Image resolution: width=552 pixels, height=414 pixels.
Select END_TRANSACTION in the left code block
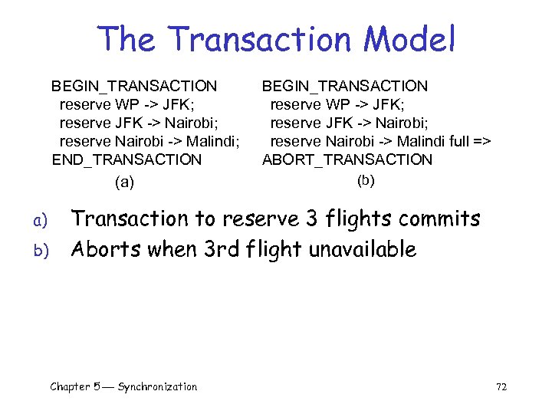click(x=127, y=159)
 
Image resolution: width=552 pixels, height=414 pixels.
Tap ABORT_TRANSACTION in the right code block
click(x=347, y=159)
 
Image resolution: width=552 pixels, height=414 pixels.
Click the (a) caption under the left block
click(x=123, y=182)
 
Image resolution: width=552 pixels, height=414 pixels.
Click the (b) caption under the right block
click(x=366, y=181)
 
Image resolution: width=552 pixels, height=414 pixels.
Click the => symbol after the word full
click(x=481, y=141)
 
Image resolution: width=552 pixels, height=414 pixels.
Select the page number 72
click(x=501, y=386)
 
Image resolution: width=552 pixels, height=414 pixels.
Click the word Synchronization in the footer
click(x=157, y=386)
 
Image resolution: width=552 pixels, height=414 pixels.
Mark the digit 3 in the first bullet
click(x=310, y=219)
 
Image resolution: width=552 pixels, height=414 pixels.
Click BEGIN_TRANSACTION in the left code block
click(x=134, y=85)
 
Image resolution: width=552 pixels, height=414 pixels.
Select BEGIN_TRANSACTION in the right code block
click(x=345, y=85)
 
